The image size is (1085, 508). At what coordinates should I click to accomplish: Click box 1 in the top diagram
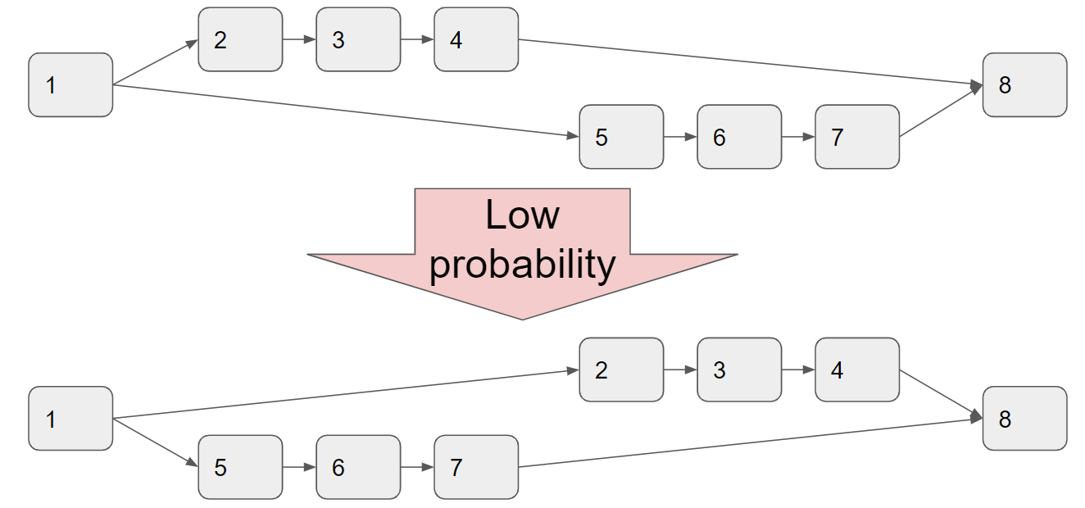coord(70,84)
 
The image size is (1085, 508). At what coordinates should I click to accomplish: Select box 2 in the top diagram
coord(240,39)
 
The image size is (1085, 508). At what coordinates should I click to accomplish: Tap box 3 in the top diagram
coord(358,39)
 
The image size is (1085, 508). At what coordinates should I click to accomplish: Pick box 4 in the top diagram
coord(476,39)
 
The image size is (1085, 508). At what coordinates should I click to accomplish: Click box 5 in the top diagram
coord(621,137)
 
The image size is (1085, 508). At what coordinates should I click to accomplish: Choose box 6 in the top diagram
coord(739,137)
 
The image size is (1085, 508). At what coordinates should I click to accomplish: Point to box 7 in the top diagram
coord(857,137)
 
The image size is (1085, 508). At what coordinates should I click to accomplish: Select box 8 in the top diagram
coord(1025,84)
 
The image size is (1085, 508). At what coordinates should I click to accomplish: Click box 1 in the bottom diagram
coord(70,419)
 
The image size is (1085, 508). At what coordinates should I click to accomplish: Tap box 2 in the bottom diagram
coord(621,370)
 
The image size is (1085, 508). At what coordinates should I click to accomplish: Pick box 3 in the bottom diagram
coord(739,370)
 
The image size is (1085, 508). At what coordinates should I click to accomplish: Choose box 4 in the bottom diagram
coord(857,370)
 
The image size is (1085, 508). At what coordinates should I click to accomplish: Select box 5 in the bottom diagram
coord(240,467)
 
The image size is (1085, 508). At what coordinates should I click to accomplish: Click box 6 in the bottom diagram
coord(358,467)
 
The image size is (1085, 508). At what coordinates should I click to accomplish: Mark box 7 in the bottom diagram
coord(476,467)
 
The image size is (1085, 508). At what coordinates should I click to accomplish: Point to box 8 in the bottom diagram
coord(1025,419)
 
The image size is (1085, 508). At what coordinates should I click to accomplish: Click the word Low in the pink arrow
coord(523,214)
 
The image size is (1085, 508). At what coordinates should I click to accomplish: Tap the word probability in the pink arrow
coord(523,265)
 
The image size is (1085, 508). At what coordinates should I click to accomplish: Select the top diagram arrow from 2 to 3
coord(299,39)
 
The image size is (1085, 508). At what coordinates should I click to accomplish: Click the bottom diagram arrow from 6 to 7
coord(417,467)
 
